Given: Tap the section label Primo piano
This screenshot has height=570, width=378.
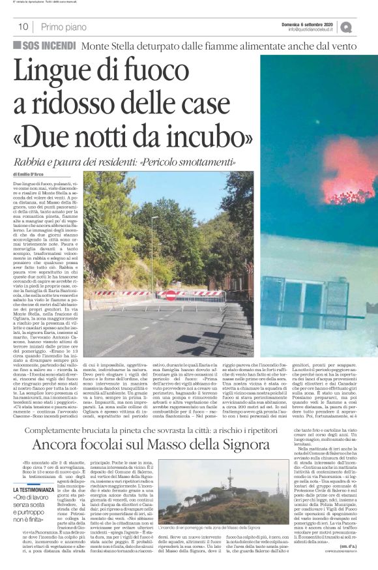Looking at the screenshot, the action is click(63, 27).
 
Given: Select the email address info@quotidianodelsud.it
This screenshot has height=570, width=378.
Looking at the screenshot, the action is click(300, 30).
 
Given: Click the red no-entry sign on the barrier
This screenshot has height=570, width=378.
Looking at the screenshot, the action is click(171, 295).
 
